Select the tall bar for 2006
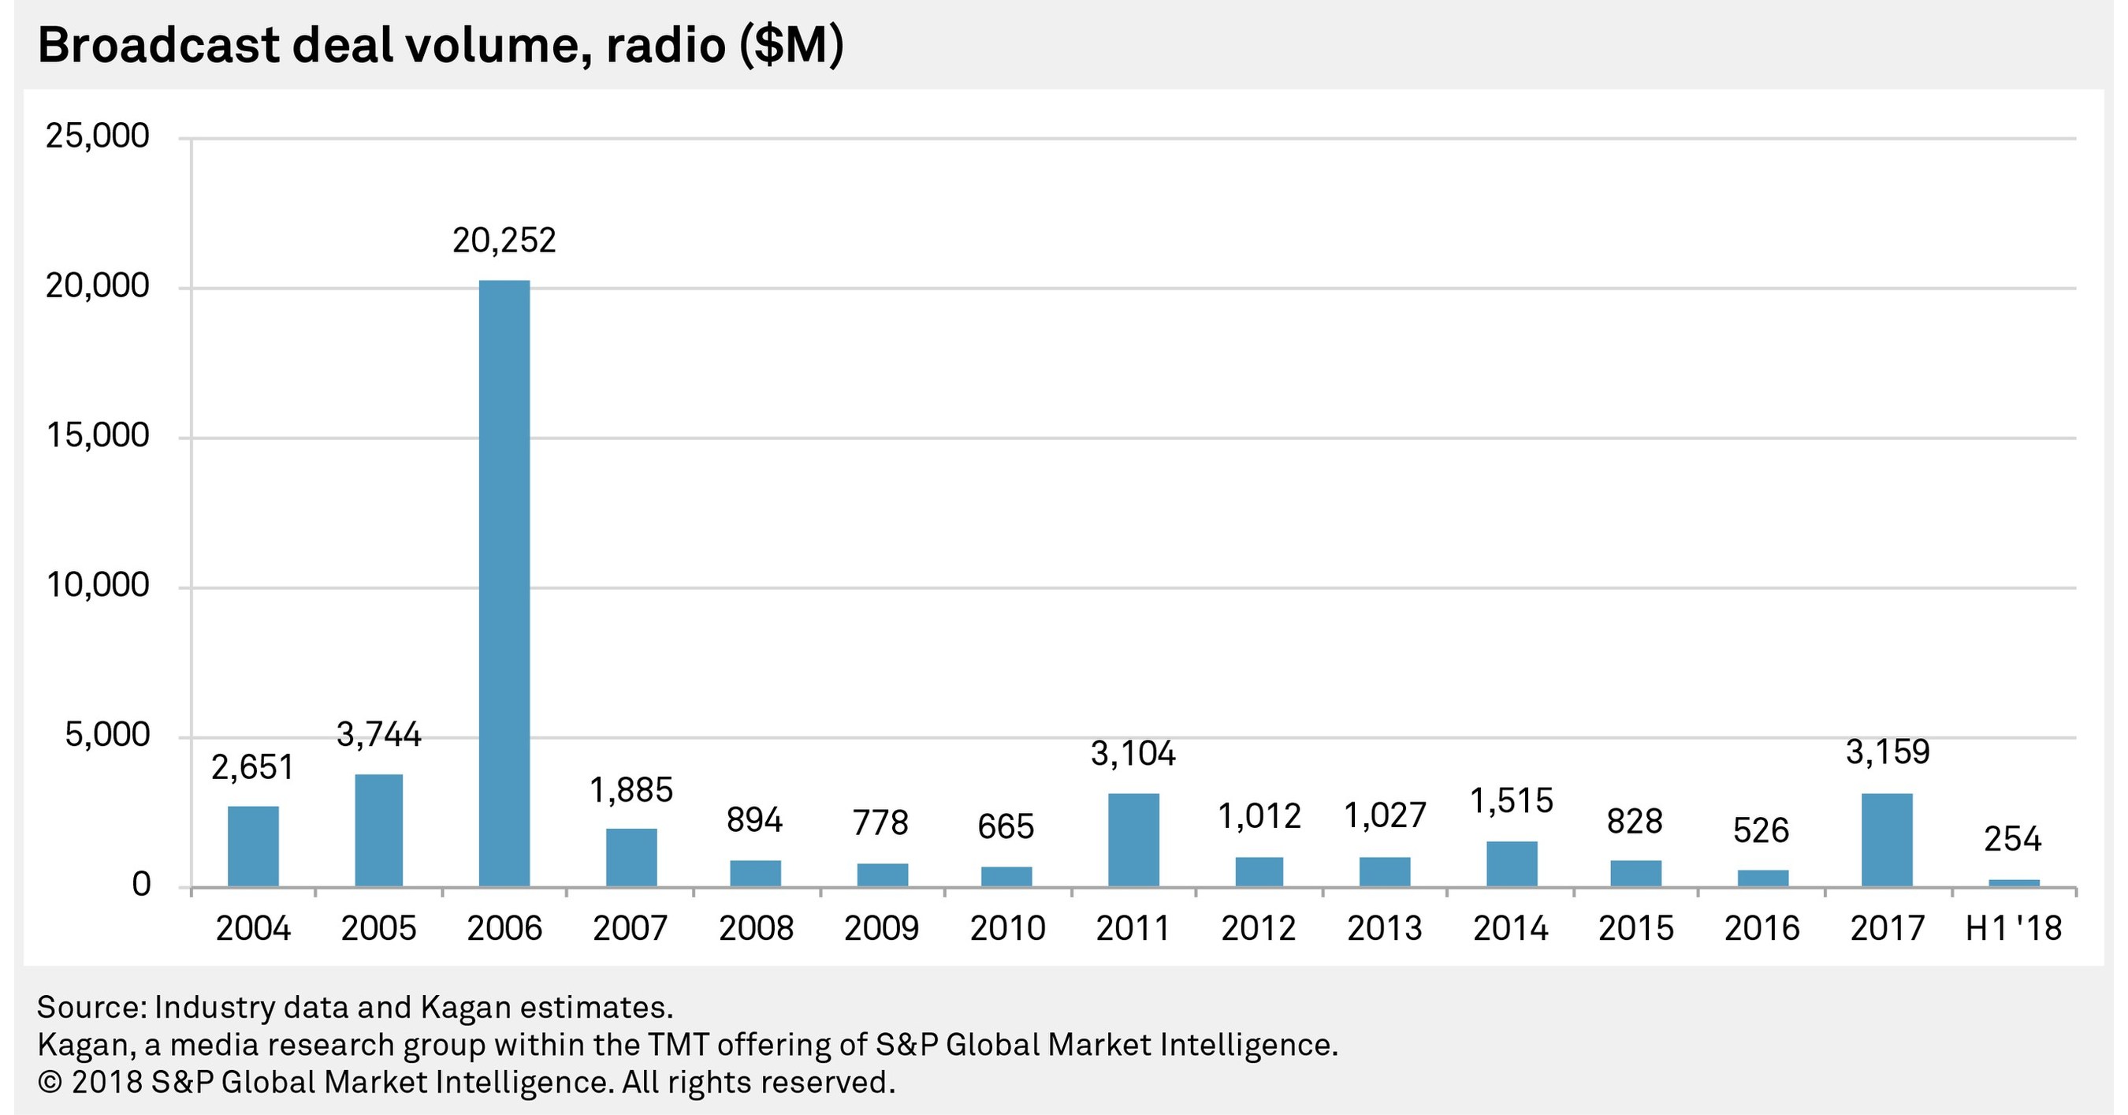[504, 583]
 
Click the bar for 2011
[1133, 840]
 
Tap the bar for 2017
[1888, 840]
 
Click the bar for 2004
[254, 846]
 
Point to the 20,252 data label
[504, 241]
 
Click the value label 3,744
[379, 735]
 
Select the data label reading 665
[1006, 826]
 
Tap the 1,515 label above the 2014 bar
[1512, 801]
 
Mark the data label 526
[1762, 830]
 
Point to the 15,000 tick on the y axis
[99, 435]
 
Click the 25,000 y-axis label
[99, 136]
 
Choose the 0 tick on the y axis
[141, 886]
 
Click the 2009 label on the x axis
[881, 929]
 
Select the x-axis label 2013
[1385, 929]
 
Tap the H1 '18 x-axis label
[2013, 929]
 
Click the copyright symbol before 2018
[50, 1083]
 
